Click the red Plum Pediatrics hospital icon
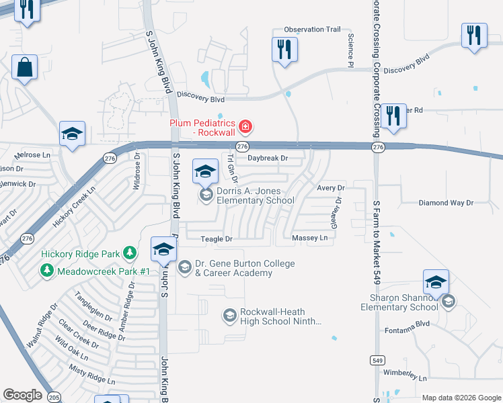tap(246, 126)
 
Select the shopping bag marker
tap(25, 68)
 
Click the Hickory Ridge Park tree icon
tap(129, 254)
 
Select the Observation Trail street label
tap(313, 30)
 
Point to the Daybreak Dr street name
tap(267, 159)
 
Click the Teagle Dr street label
tap(217, 239)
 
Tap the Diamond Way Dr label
tap(446, 202)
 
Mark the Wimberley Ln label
tap(405, 378)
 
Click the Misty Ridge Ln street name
tap(92, 374)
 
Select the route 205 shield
tap(52, 396)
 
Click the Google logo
tap(23, 395)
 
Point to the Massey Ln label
tap(310, 238)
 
